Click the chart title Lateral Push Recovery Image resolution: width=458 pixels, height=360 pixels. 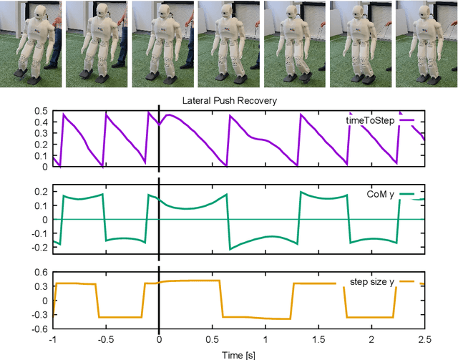230,101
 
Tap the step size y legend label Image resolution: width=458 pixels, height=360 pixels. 373,282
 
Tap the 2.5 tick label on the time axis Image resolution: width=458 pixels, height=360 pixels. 424,339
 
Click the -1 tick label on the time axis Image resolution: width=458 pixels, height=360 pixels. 52,339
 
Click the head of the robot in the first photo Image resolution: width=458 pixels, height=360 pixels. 34,14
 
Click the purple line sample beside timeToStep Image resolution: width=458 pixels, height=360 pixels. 406,121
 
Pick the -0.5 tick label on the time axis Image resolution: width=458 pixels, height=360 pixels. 104,339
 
